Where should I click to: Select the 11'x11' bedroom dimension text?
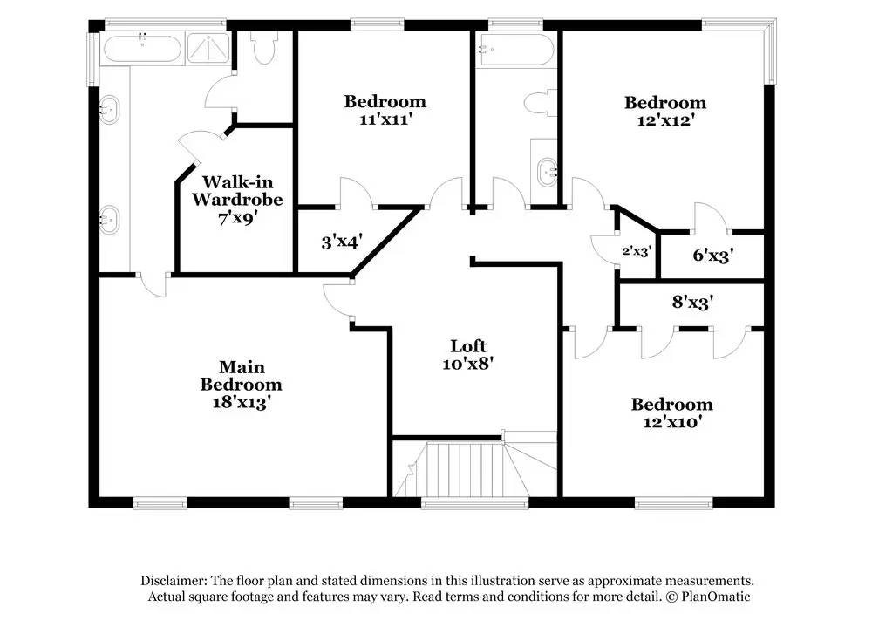pyautogui.click(x=385, y=119)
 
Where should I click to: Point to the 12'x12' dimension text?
pyautogui.click(x=664, y=120)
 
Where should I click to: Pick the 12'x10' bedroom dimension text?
pyautogui.click(x=671, y=422)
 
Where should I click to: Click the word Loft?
pyautogui.click(x=467, y=345)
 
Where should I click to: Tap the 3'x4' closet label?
pyautogui.click(x=341, y=242)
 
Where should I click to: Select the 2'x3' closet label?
pyautogui.click(x=636, y=251)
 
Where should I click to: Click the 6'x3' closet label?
pyautogui.click(x=711, y=256)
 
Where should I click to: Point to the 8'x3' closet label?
pyautogui.click(x=692, y=303)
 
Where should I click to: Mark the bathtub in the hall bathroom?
pyautogui.click(x=514, y=51)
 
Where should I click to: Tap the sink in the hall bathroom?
pyautogui.click(x=547, y=170)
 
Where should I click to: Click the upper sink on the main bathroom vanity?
pyautogui.click(x=110, y=112)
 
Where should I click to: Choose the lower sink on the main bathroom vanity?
pyautogui.click(x=110, y=219)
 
